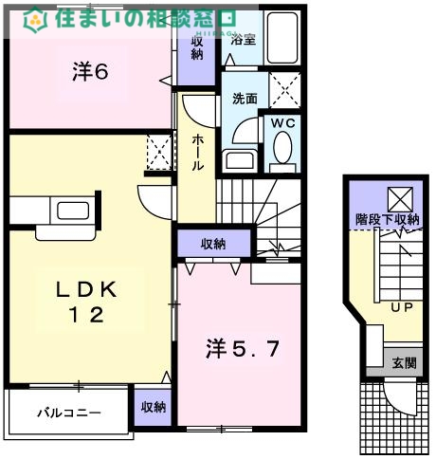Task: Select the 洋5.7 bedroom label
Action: tap(243, 350)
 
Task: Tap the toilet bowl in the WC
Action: tap(282, 150)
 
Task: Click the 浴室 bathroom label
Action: tap(243, 39)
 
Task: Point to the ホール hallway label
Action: tap(197, 153)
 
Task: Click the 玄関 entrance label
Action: tap(404, 362)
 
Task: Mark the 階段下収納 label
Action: tap(387, 220)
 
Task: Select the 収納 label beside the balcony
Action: tap(153, 408)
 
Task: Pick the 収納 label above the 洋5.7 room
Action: tap(212, 245)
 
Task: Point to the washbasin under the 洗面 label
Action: tap(235, 158)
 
